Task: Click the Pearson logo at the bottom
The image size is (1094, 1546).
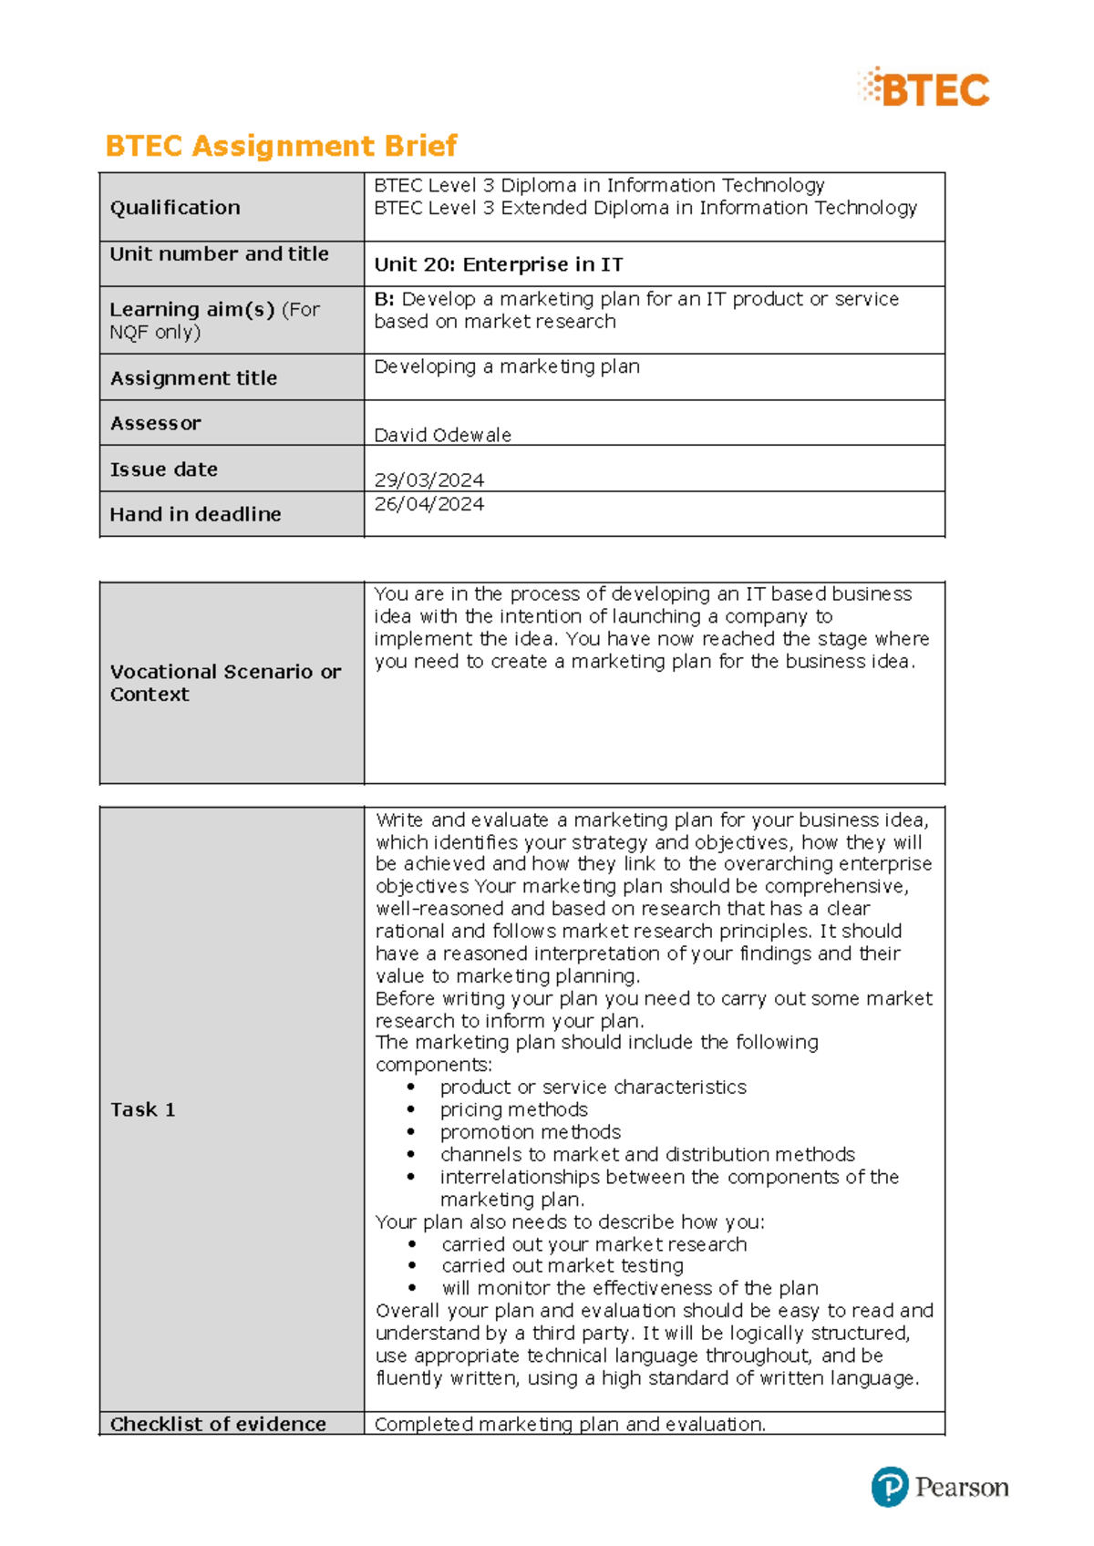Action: (940, 1488)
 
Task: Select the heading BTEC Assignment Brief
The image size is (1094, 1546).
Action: (281, 146)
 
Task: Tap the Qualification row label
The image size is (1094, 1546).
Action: (175, 208)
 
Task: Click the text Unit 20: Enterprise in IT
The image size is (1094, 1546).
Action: (499, 264)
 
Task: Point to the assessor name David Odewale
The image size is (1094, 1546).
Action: (442, 435)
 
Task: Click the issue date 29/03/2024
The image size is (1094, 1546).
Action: (428, 479)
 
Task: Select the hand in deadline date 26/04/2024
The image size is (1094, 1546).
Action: (428, 504)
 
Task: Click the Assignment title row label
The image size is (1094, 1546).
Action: (193, 377)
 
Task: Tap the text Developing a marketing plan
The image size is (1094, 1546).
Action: (507, 366)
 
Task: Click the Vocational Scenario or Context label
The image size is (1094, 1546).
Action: (225, 683)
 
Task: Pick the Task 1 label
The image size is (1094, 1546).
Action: (142, 1109)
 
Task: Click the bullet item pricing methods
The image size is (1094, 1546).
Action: (513, 1109)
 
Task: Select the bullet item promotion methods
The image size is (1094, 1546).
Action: (530, 1132)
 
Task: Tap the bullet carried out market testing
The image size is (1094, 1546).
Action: (562, 1266)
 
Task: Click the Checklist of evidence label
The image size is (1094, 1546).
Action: (218, 1424)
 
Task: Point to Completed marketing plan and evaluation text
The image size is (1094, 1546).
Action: (570, 1424)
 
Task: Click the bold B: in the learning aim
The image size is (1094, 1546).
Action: (384, 299)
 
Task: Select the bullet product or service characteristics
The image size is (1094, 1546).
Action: (593, 1087)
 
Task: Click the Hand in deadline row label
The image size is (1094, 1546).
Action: (195, 514)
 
